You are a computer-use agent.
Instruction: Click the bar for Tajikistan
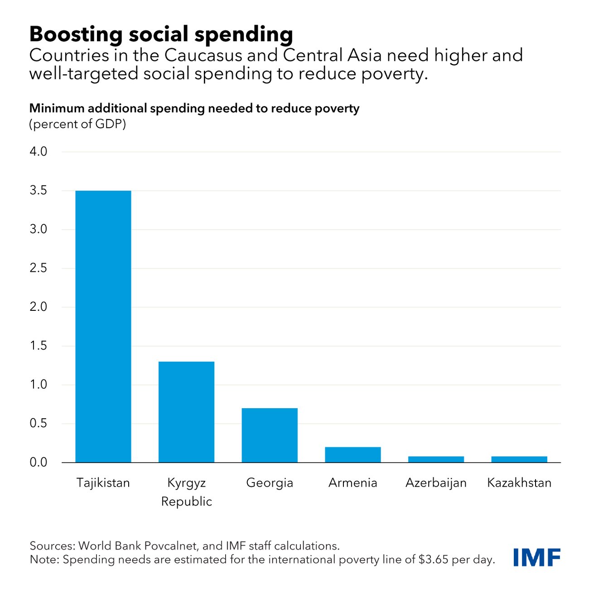(x=103, y=326)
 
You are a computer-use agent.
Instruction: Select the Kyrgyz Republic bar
(x=186, y=412)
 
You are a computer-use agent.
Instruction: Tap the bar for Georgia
(x=270, y=435)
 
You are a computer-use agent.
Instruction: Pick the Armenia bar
(x=353, y=454)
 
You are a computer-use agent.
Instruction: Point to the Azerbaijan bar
(x=436, y=459)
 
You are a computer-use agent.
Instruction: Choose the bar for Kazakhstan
(x=519, y=459)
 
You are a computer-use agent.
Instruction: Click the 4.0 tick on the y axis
(x=39, y=151)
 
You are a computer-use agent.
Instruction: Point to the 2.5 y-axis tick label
(x=39, y=268)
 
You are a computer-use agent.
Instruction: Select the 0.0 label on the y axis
(x=39, y=462)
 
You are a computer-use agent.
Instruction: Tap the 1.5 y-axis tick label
(x=39, y=346)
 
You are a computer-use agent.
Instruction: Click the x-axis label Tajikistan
(x=103, y=483)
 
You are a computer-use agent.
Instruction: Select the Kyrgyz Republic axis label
(x=186, y=492)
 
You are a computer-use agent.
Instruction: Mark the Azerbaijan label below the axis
(x=436, y=483)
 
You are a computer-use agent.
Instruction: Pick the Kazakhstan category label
(x=519, y=483)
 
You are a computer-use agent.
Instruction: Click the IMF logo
(x=537, y=557)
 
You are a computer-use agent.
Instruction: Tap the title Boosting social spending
(x=161, y=34)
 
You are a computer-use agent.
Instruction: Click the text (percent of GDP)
(x=77, y=124)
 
